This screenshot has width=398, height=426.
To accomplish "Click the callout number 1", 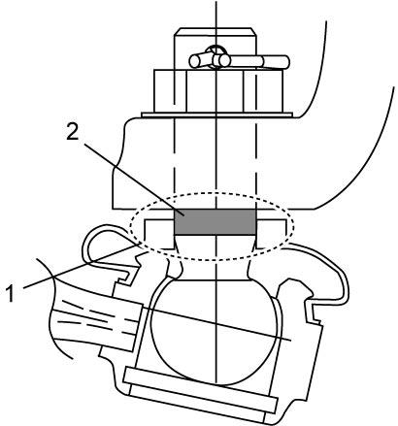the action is (12, 293).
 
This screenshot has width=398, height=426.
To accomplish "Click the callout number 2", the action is (73, 132).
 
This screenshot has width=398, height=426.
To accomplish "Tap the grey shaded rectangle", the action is (216, 222).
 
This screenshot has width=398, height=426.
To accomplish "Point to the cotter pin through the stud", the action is (240, 60).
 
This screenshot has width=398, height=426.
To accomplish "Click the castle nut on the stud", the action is (218, 91).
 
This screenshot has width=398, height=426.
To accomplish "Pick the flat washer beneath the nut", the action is (216, 115).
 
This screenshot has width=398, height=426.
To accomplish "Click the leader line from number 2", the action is (128, 177).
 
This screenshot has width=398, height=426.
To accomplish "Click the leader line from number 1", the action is (82, 266).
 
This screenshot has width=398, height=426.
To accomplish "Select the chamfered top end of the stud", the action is (216, 31).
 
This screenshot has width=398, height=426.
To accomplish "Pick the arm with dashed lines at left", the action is (94, 323).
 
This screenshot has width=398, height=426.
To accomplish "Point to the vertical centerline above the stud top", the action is (216, 14).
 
